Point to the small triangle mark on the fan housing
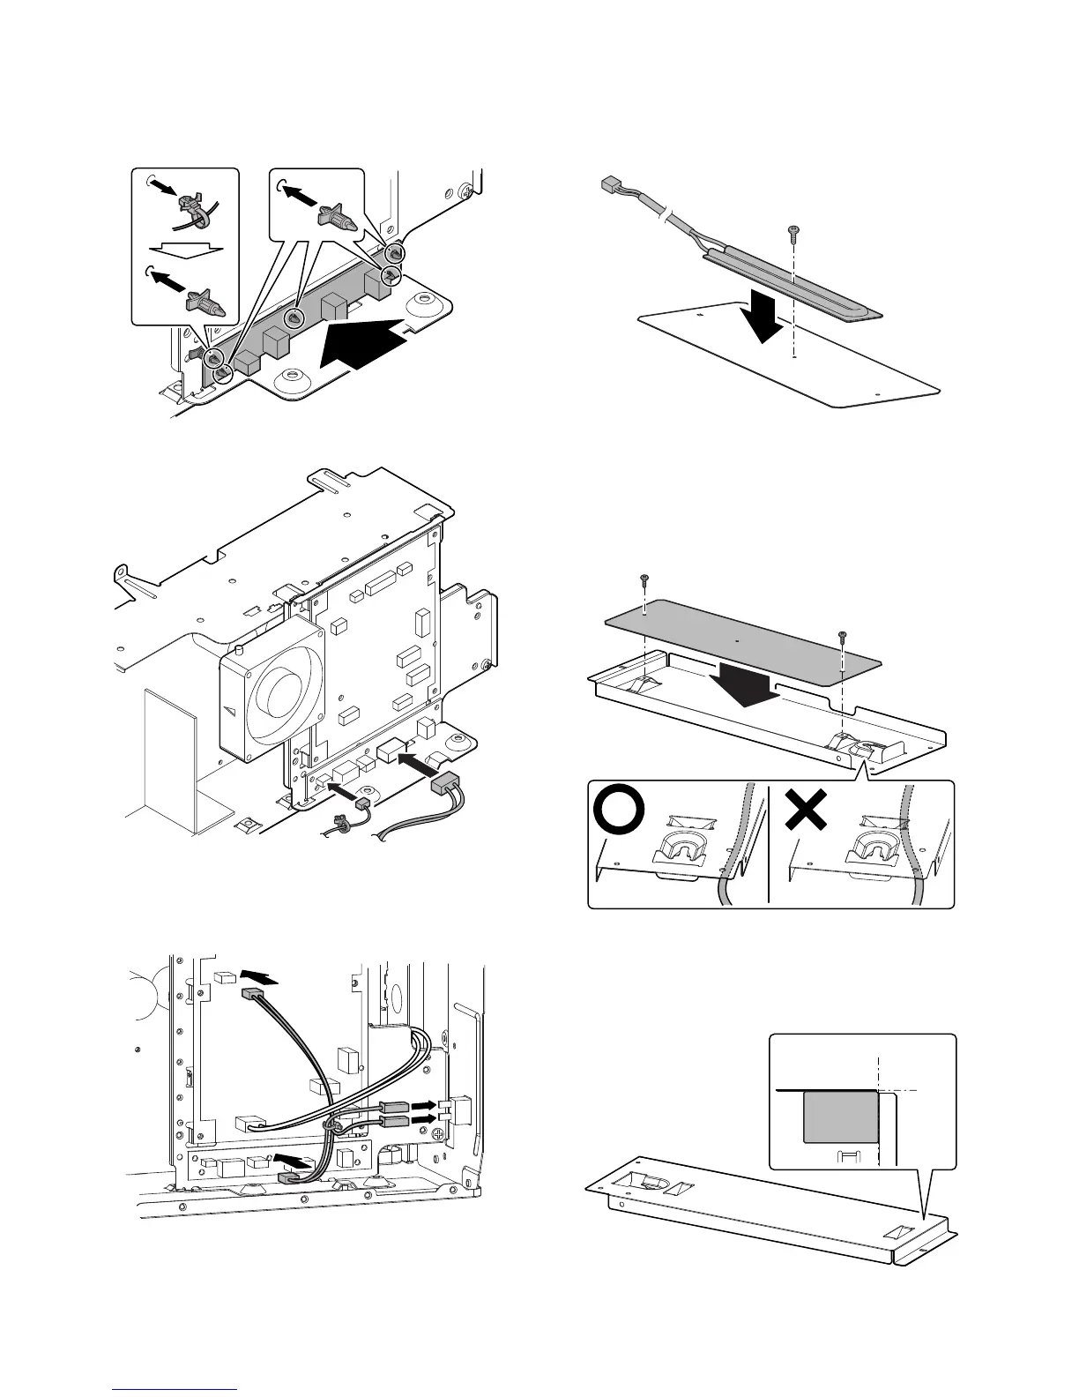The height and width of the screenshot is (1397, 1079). tap(231, 710)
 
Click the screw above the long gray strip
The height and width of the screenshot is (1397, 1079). tap(793, 232)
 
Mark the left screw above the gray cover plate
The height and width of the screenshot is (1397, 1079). tap(645, 579)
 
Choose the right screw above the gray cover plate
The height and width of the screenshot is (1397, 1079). tap(843, 634)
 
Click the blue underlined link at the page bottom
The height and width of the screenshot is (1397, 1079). tap(175, 1389)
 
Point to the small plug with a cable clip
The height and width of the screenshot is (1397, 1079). tap(361, 805)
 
